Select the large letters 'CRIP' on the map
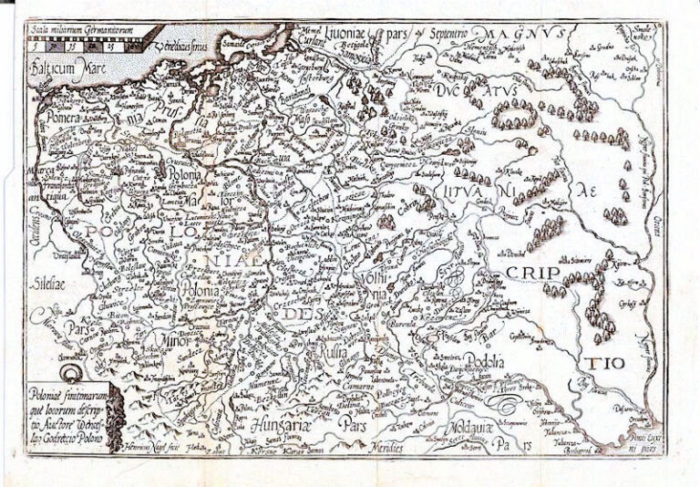[x=534, y=273]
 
